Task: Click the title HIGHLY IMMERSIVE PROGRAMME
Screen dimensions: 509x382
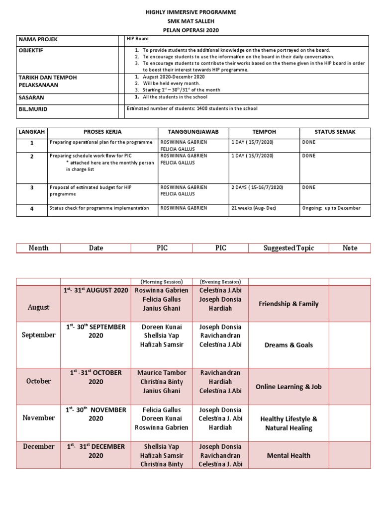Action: [x=191, y=11]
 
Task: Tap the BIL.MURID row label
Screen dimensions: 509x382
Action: [x=33, y=109]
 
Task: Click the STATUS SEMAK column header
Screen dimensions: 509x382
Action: [x=336, y=132]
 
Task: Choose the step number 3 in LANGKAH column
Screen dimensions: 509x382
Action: [x=31, y=188]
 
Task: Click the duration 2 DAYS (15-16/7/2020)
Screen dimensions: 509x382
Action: [x=257, y=187]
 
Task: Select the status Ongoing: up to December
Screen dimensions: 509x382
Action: [x=331, y=208]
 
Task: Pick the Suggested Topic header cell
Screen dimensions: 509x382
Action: [x=288, y=248]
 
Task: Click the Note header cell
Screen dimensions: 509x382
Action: [x=350, y=248]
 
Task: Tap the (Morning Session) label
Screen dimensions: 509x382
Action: [x=162, y=282]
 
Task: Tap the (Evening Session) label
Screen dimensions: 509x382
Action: [x=220, y=282]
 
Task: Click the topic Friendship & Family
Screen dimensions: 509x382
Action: [x=288, y=304]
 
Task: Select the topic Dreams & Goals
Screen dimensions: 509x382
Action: [x=288, y=345]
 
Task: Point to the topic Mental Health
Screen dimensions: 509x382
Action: [x=288, y=455]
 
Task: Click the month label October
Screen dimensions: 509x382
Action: [x=38, y=381]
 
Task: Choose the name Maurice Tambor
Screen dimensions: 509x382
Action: [x=162, y=373]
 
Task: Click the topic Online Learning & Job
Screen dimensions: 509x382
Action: [x=288, y=386]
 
